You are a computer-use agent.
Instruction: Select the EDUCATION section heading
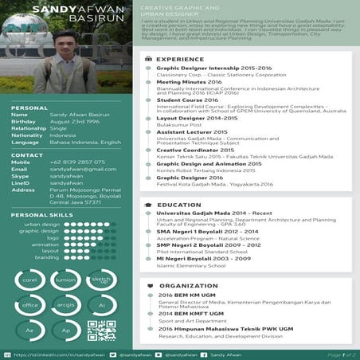(178, 205)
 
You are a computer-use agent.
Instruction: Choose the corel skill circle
(30, 280)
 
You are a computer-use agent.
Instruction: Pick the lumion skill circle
(66, 280)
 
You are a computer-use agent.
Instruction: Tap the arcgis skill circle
(66, 305)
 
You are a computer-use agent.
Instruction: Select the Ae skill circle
(30, 330)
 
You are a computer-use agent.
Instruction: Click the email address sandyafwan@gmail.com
(77, 169)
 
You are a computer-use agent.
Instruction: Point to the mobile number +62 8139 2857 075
(77, 162)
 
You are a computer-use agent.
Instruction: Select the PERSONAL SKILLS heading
(37, 215)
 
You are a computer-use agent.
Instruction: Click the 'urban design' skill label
(41, 225)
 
